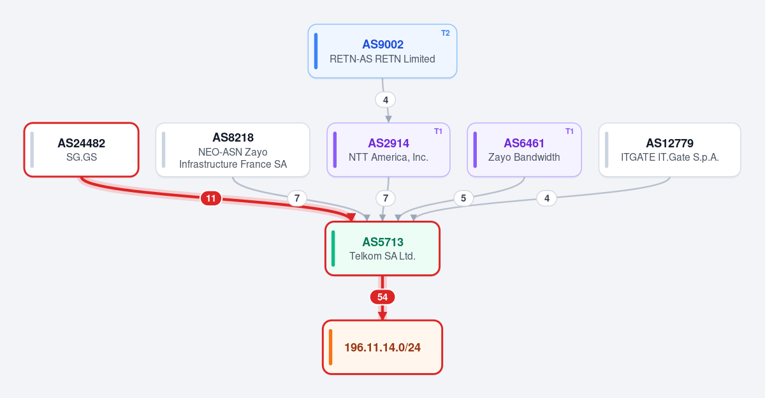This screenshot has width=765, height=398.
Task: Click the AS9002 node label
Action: [382, 45]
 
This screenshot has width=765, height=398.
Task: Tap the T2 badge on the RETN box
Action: [446, 33]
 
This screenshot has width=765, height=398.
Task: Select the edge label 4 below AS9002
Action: [386, 100]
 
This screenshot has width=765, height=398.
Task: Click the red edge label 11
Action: [211, 198]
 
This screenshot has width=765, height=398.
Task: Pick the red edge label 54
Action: [382, 297]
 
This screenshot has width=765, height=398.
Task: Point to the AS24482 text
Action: [82, 143]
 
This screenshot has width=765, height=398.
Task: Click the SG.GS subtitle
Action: [82, 157]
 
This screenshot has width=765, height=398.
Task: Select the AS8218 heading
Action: [233, 137]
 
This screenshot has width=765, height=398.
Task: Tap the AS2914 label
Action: [388, 143]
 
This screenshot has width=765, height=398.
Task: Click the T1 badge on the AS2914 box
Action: [438, 131]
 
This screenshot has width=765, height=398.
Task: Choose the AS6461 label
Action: [524, 143]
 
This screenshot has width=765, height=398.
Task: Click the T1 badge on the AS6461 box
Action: [569, 131]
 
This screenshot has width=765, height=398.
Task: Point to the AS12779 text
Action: [670, 143]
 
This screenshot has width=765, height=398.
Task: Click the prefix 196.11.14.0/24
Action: [382, 348]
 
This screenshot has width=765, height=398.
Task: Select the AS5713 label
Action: [382, 242]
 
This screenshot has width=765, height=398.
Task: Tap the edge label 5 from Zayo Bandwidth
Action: [463, 198]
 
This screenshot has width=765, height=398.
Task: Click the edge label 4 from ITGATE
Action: [547, 198]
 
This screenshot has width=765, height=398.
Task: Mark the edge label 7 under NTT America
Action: [386, 198]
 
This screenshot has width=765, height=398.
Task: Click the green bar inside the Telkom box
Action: [333, 248]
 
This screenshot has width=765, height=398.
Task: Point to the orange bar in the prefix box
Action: [331, 347]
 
